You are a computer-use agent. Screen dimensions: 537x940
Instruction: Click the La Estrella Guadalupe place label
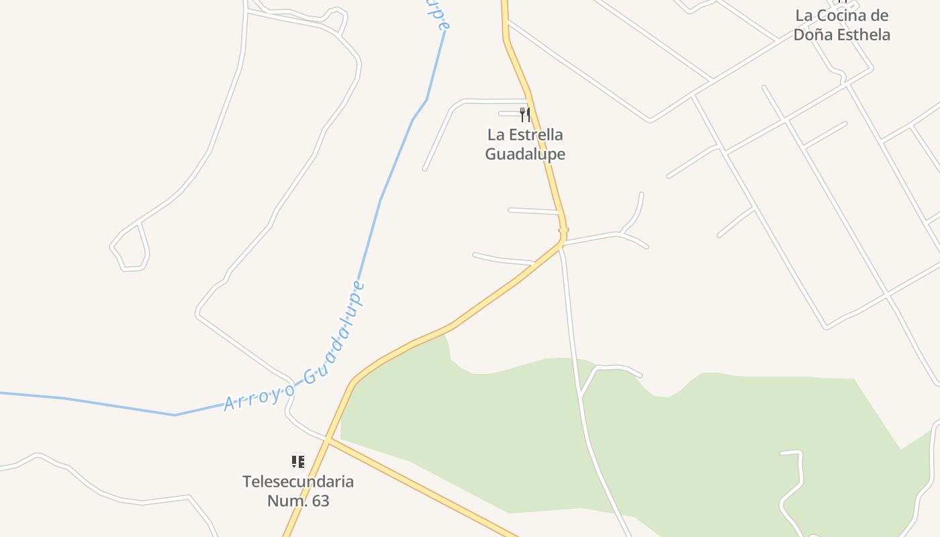coord(525,144)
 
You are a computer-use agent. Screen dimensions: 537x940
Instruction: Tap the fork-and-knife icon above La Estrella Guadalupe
coord(525,115)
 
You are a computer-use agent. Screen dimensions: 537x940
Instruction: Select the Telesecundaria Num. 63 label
coord(298,491)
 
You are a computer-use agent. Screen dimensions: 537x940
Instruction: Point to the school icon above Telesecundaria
coord(298,461)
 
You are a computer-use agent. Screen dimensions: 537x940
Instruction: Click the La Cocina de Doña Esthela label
coord(842,25)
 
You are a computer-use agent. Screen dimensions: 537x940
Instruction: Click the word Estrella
coord(535,135)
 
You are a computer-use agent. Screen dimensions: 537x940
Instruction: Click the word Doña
coord(810,35)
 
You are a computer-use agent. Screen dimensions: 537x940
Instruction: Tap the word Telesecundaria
coord(298,481)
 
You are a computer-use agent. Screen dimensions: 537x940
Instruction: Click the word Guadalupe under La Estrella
coord(525,154)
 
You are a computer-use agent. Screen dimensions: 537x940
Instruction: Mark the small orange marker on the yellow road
coord(563,230)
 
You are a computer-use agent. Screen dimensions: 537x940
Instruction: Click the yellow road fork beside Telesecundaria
coord(328,440)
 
